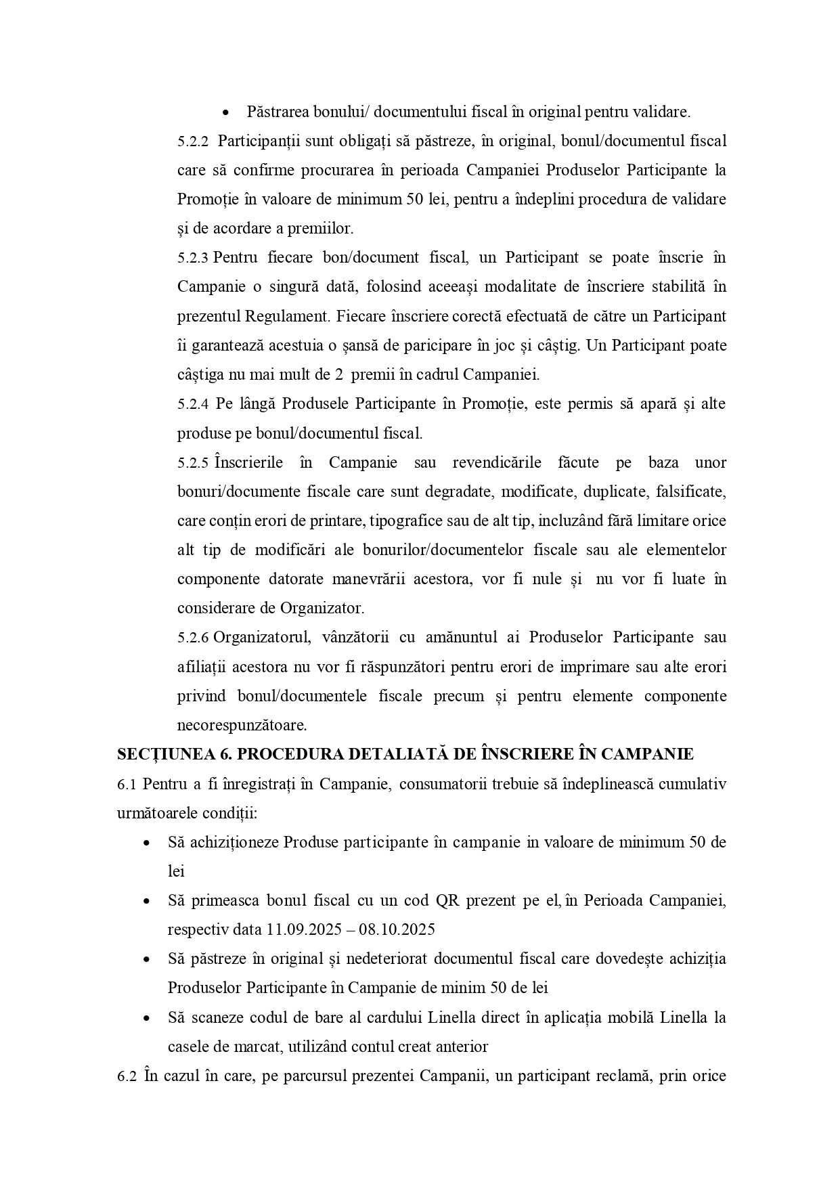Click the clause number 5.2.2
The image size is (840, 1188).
click(x=193, y=141)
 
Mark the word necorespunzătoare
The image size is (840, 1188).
click(x=242, y=726)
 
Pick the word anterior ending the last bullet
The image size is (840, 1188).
click(x=462, y=1047)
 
